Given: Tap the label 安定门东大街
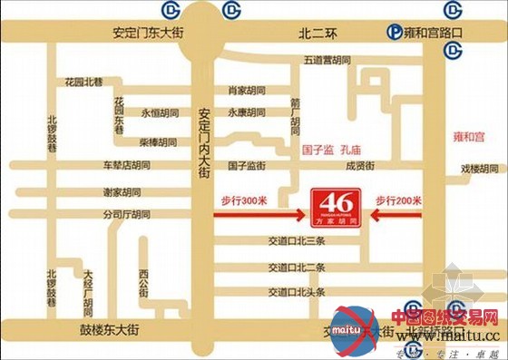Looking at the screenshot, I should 148,32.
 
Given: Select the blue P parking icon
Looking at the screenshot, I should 393,33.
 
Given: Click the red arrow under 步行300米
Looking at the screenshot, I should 259,215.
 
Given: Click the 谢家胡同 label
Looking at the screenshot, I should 122,192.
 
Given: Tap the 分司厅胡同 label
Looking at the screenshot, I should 126,215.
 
